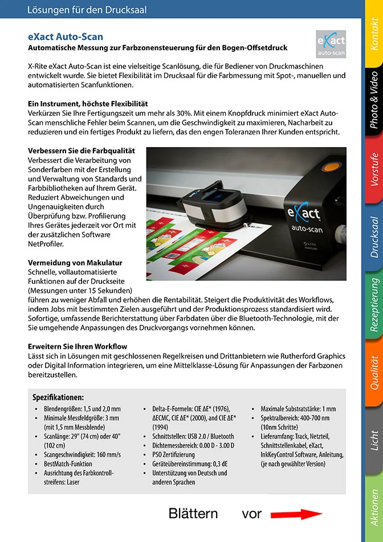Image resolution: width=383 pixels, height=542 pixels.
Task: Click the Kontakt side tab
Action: click(x=374, y=34)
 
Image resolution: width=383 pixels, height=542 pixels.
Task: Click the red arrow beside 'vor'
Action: click(x=296, y=515)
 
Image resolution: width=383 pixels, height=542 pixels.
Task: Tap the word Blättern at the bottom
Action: click(x=193, y=514)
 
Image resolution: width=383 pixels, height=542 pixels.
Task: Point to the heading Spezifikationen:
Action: click(x=58, y=397)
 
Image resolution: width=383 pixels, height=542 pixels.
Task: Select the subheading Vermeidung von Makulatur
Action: click(x=75, y=263)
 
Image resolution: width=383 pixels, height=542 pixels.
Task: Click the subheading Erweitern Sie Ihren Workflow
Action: click(x=78, y=347)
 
